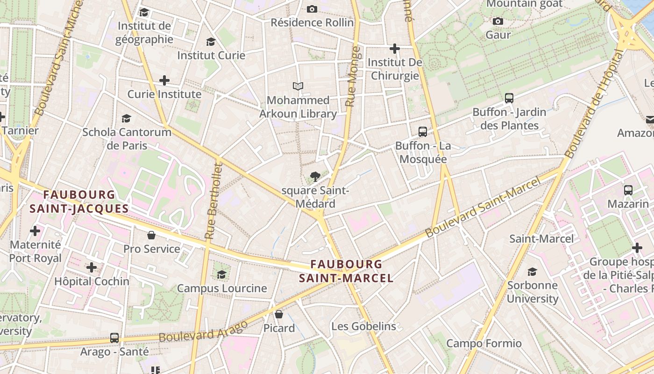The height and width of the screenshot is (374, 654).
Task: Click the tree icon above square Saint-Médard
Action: pos(315,177)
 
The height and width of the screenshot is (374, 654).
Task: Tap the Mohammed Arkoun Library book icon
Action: pos(298,86)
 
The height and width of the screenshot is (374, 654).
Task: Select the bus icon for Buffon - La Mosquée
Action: pos(423,132)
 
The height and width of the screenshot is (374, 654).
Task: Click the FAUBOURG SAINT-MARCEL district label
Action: pos(346,271)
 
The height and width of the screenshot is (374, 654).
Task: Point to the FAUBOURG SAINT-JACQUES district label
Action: pos(79,201)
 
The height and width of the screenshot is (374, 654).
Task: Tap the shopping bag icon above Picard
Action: pos(279,314)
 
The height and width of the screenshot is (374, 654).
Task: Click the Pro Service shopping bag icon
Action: pos(151,235)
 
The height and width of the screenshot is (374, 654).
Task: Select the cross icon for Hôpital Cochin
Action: pos(92,267)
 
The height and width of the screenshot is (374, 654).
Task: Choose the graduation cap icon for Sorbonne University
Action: pos(532,272)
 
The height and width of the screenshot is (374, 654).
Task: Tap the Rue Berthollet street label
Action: pos(213,201)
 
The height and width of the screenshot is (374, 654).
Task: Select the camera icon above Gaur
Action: pos(498,21)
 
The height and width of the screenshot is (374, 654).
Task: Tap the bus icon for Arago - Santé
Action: pos(114,338)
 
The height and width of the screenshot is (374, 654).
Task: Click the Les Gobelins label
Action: pos(363,326)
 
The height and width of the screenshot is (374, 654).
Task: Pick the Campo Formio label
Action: pos(484,344)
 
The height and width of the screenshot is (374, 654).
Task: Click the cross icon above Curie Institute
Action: pos(164,80)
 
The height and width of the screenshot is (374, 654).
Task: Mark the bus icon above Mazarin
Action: pos(628,190)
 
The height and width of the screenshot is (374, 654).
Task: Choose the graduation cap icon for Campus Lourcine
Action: pos(222,274)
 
